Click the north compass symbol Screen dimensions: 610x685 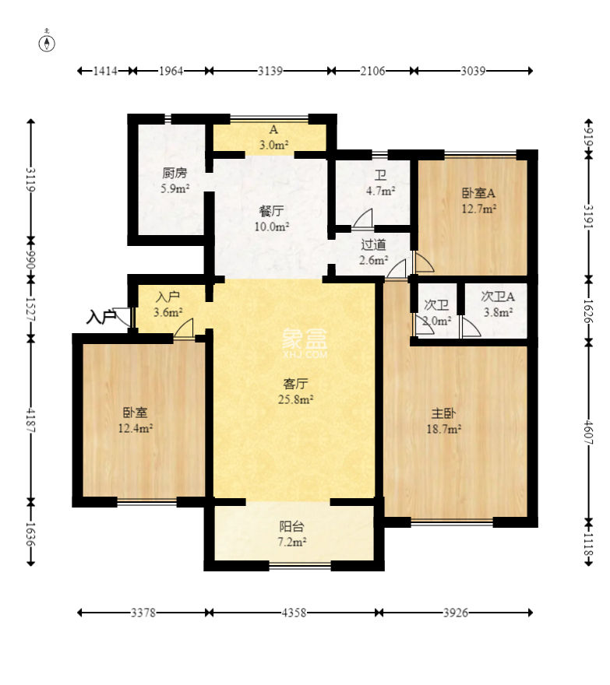[x=47, y=43]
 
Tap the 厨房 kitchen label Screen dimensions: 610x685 [x=175, y=173]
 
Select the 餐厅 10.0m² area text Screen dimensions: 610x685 [x=272, y=227]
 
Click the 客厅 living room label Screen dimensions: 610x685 [x=295, y=384]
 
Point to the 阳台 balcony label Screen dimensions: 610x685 [x=291, y=526]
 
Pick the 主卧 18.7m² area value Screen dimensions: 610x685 [x=444, y=429]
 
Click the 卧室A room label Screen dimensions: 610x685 [x=478, y=192]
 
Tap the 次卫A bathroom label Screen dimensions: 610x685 [x=498, y=297]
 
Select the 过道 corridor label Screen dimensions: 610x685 [x=373, y=244]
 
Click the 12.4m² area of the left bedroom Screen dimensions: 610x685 [x=135, y=428]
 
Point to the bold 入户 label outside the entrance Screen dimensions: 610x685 [x=101, y=317]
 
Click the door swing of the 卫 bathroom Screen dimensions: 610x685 [x=363, y=218]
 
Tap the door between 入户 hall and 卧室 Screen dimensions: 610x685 [x=184, y=328]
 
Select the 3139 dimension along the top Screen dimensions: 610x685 [x=270, y=70]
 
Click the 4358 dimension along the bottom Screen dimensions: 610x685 [x=294, y=613]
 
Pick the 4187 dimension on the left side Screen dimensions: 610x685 [x=30, y=420]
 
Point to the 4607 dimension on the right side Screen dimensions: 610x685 [x=588, y=432]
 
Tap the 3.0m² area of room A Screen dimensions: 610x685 [x=273, y=145]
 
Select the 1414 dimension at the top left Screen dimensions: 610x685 [x=105, y=70]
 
